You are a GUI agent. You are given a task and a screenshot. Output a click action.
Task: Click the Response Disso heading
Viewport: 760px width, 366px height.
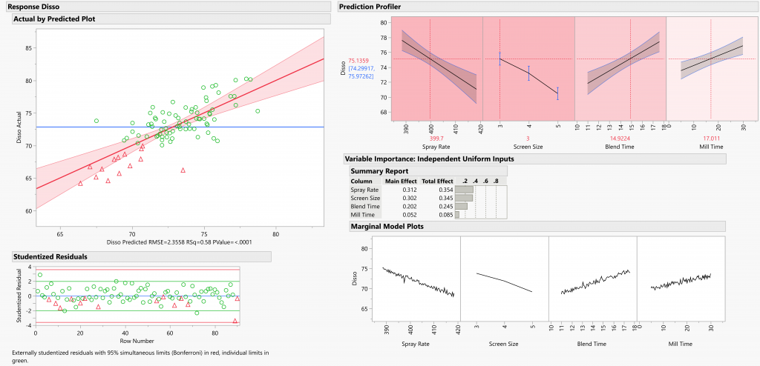click(x=29, y=7)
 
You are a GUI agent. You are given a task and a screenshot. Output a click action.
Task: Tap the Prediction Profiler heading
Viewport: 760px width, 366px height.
click(x=370, y=7)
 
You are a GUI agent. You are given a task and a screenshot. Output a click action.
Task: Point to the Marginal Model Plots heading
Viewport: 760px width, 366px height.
click(x=387, y=226)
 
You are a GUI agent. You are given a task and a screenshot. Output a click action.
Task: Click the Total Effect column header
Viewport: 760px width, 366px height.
click(x=438, y=181)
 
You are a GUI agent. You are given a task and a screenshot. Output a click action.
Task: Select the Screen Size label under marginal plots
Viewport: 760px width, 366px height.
click(x=505, y=345)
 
